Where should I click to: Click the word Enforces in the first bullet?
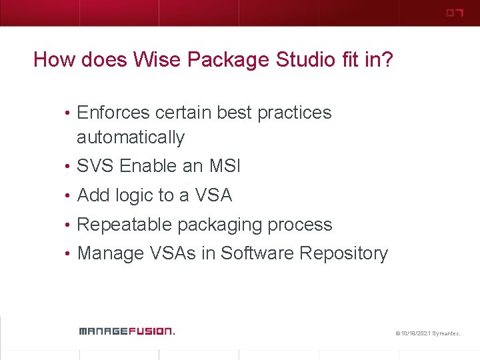pos(114,113)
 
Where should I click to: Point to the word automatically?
pos(131,138)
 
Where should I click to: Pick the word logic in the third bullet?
pos(135,195)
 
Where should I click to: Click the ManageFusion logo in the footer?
pos(126,331)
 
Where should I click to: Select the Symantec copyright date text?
pos(427,332)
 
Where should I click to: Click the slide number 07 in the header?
pos(454,13)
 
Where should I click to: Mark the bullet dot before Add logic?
pos(69,196)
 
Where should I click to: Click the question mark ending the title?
pos(387,60)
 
